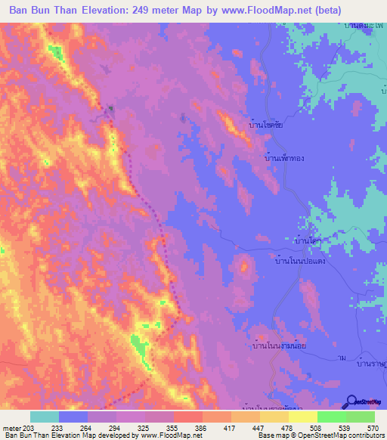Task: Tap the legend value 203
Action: pyautogui.click(x=30, y=427)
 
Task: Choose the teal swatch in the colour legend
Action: pyautogui.click(x=45, y=417)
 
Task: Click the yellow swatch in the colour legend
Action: pyautogui.click(x=302, y=417)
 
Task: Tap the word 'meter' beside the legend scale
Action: pyautogui.click(x=11, y=427)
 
